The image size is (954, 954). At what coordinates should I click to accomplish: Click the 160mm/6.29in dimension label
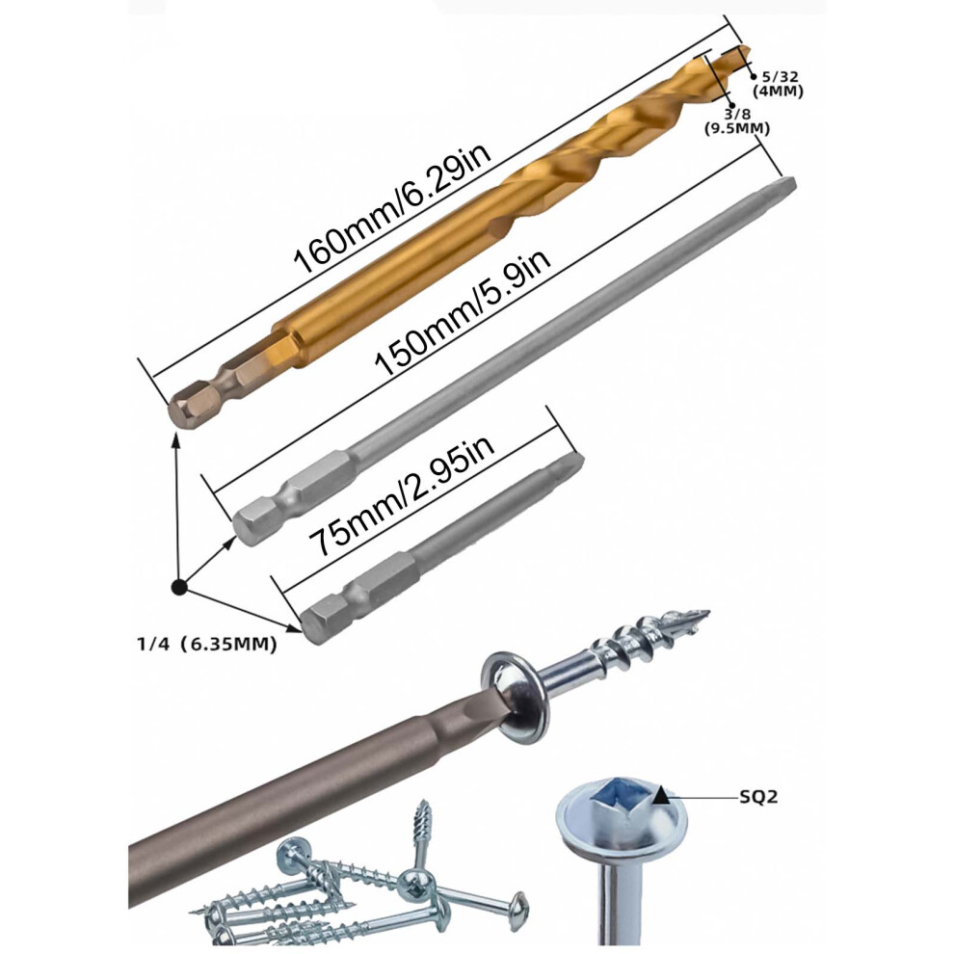click(x=392, y=209)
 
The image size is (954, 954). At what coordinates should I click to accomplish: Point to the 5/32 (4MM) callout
click(x=779, y=84)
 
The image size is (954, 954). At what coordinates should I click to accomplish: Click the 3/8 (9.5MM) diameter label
click(x=737, y=120)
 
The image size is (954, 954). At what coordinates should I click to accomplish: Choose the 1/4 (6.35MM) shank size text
click(x=207, y=644)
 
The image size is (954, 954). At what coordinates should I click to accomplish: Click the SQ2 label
click(x=758, y=796)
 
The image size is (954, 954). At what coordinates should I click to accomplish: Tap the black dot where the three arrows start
click(x=179, y=587)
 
